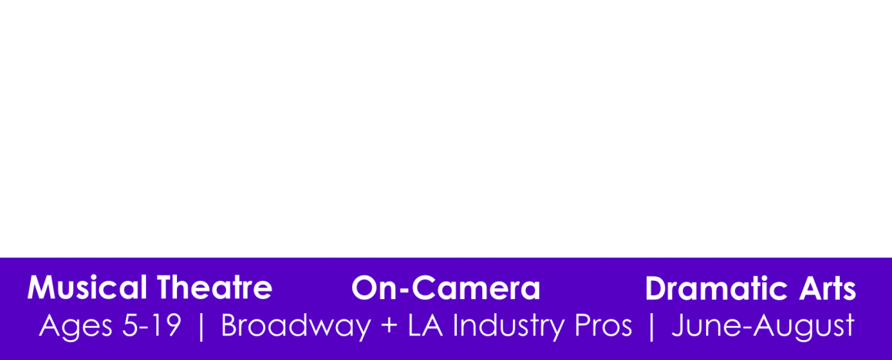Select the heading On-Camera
[445, 288]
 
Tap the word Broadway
[296, 326]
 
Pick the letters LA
[430, 326]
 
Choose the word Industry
[513, 326]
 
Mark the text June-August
[763, 327]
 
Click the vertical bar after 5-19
[201, 328]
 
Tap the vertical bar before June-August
[652, 328]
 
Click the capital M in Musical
[39, 288]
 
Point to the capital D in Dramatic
[655, 288]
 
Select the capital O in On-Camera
[364, 288]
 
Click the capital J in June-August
[677, 326]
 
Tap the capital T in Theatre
[165, 288]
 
